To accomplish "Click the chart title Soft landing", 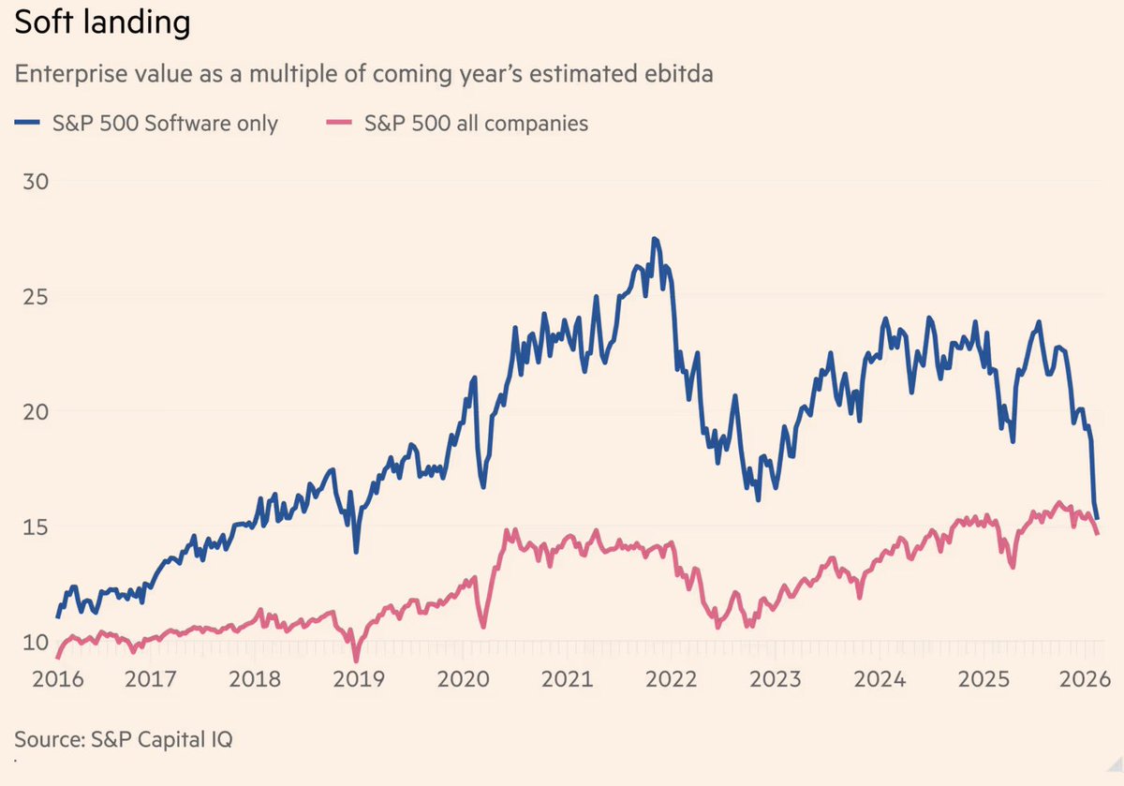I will point(102,23).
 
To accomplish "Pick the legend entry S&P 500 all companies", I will point(476,123).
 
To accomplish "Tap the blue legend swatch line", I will point(30,123).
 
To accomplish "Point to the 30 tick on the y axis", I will point(35,181).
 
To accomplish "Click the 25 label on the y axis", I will point(35,296).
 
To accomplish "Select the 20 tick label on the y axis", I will point(35,411).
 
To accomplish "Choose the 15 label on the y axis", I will point(35,526).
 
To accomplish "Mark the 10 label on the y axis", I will point(35,642).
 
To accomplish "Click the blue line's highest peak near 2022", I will point(655,239).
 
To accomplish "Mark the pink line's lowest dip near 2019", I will point(356,660).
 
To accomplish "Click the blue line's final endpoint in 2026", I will point(1098,518).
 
